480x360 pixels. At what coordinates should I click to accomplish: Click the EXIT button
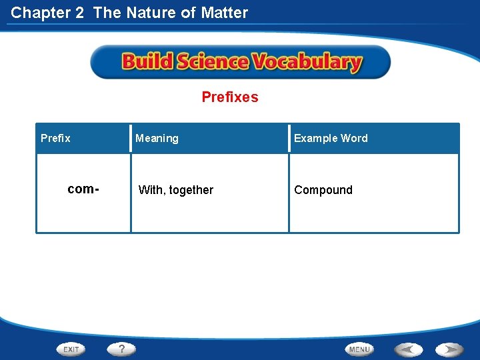click(71, 349)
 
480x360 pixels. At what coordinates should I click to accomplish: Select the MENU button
click(359, 349)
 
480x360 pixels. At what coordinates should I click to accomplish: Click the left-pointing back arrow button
click(408, 349)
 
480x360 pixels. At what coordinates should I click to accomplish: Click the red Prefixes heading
click(230, 97)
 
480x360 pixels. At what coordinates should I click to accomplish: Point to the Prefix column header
click(55, 138)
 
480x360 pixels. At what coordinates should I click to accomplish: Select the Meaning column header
click(157, 138)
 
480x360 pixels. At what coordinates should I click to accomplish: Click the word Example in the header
click(315, 138)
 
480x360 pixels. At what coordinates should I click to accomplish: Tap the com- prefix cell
click(83, 189)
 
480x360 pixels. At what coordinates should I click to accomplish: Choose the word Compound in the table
click(323, 190)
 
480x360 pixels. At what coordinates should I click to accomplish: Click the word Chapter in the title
click(39, 12)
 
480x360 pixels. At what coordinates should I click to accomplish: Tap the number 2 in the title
click(79, 12)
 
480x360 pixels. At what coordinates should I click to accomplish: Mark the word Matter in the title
click(225, 12)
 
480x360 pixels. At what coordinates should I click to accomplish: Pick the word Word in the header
click(354, 138)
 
